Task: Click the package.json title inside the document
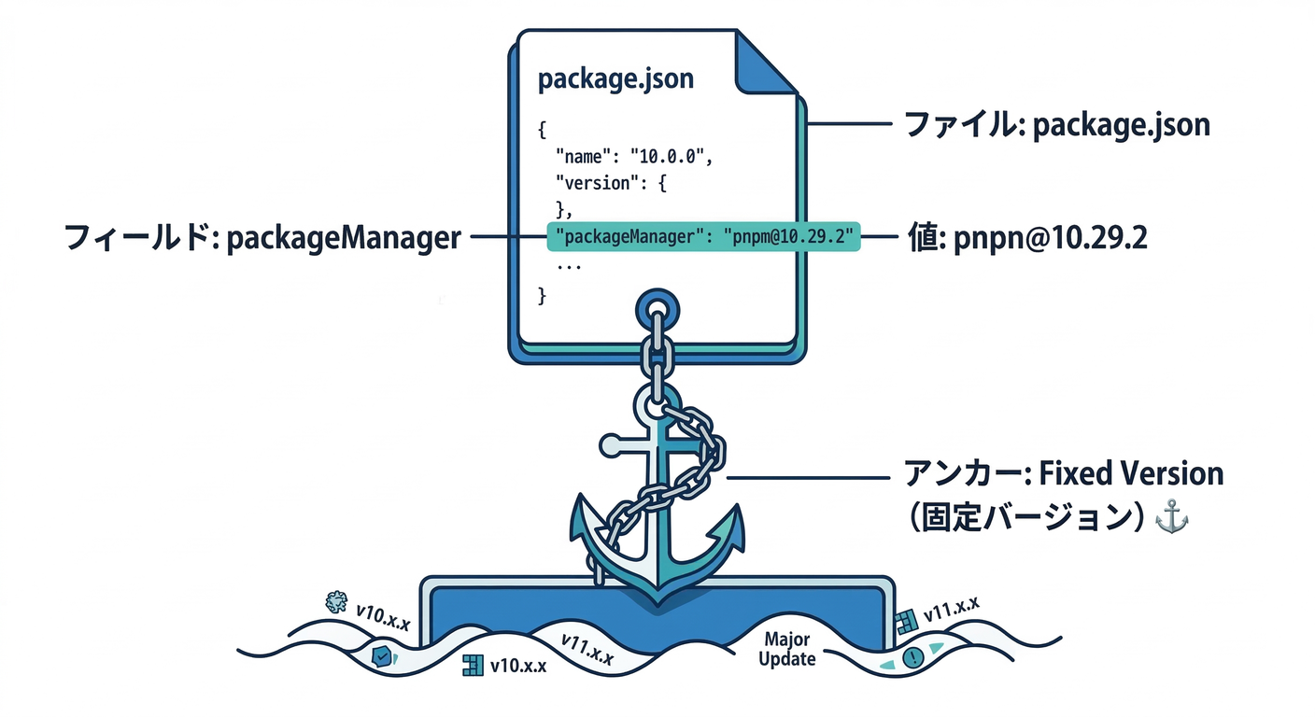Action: click(x=615, y=78)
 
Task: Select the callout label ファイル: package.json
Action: click(x=1054, y=124)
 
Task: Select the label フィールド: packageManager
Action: click(x=262, y=239)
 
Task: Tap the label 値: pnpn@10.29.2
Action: click(x=1027, y=239)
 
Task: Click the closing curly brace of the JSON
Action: click(x=544, y=296)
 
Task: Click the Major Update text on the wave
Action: click(x=786, y=650)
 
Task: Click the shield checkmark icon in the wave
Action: click(x=381, y=656)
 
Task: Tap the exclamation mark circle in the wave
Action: click(x=912, y=656)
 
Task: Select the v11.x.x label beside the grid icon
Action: click(x=952, y=609)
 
